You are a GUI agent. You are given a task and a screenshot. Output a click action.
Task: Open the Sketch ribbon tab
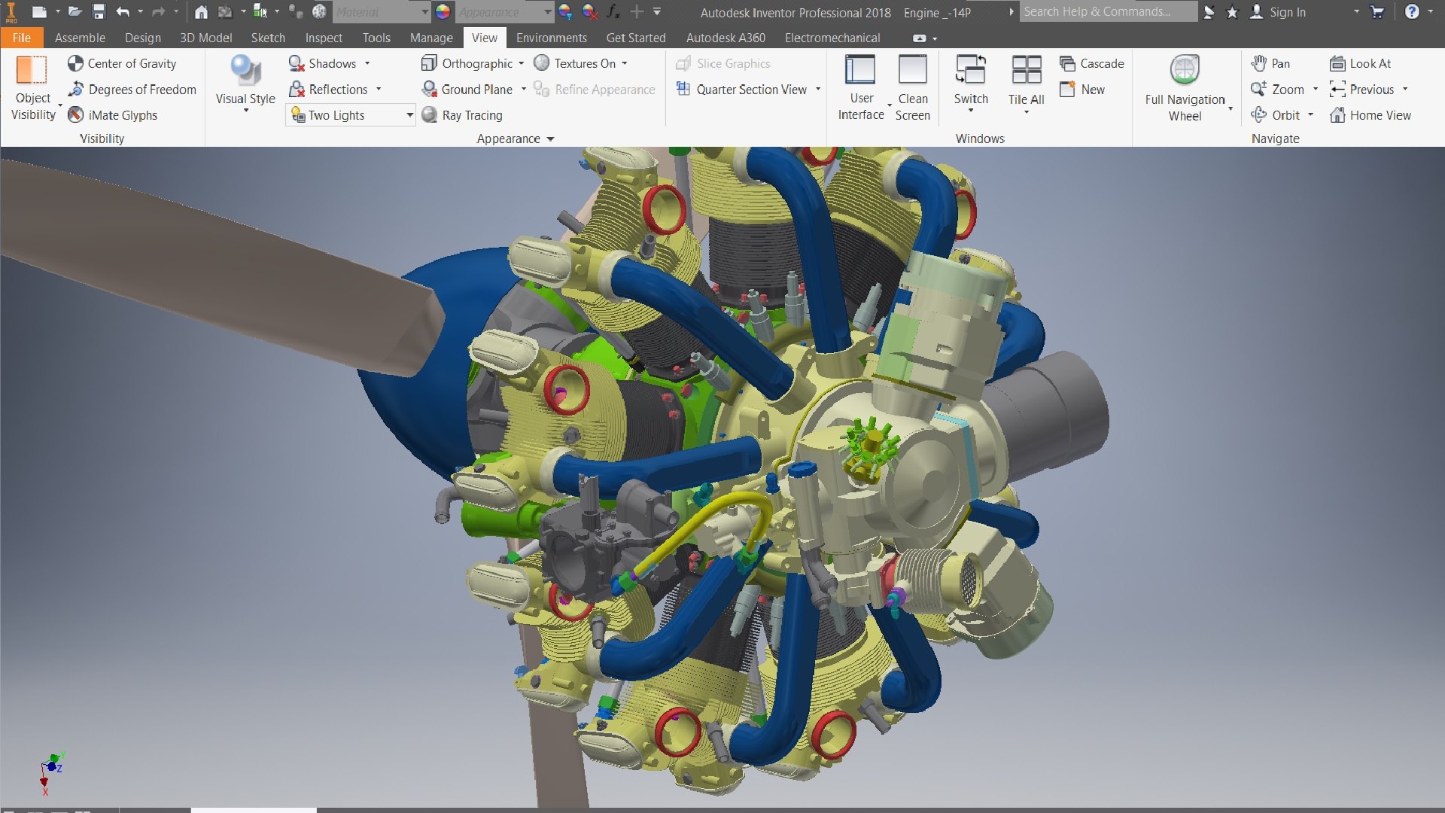tap(268, 38)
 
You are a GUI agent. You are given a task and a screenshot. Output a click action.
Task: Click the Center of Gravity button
tap(122, 64)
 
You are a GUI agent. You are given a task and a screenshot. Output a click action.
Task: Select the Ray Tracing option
tap(462, 115)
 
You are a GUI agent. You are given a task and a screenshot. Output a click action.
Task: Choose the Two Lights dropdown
tap(351, 115)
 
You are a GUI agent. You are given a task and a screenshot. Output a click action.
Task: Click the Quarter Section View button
tap(750, 90)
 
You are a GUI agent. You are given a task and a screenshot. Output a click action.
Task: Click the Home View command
tap(1370, 115)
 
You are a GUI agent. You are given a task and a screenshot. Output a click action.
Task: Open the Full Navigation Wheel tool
tap(1185, 87)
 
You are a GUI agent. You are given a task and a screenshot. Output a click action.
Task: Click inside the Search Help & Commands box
tap(1106, 12)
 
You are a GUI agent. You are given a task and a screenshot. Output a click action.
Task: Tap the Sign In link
tap(1287, 12)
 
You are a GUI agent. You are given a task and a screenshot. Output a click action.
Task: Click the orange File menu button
tap(21, 38)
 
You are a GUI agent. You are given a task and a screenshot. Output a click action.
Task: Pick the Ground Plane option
tap(467, 90)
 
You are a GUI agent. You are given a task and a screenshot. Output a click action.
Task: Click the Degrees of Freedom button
tap(132, 90)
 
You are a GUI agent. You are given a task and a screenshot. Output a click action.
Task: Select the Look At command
tap(1361, 64)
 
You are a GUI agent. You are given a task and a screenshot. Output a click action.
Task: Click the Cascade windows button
tap(1092, 64)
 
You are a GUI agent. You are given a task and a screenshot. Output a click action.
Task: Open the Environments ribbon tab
tap(551, 38)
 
